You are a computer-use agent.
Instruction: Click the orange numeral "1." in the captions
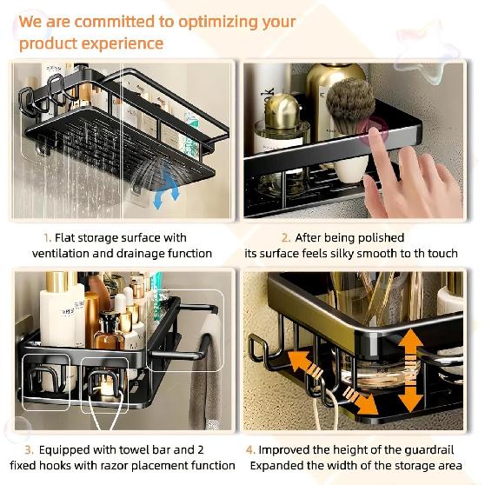[48, 237]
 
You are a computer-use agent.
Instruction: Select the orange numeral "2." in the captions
[286, 237]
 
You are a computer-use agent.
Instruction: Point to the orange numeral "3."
[29, 449]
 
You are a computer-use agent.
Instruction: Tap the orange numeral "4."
[251, 449]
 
